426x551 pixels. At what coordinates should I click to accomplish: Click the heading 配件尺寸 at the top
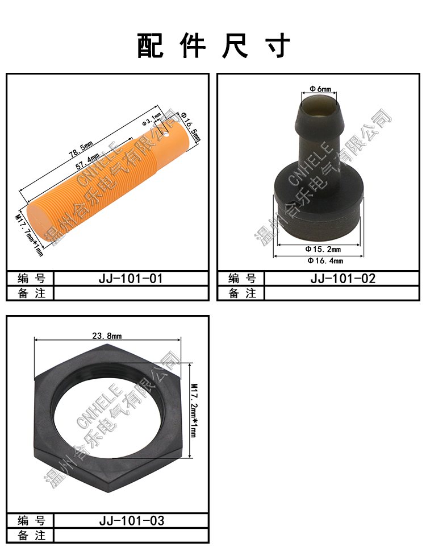click(x=213, y=45)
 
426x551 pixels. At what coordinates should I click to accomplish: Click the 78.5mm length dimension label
click(x=81, y=150)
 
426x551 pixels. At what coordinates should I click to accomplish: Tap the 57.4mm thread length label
click(x=87, y=162)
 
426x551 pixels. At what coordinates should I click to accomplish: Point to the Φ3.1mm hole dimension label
click(x=152, y=119)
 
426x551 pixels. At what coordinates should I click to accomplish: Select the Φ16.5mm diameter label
click(x=190, y=127)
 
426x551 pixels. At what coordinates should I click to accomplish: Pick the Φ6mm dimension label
click(x=320, y=89)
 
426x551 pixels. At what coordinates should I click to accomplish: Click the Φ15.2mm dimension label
click(x=323, y=249)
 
